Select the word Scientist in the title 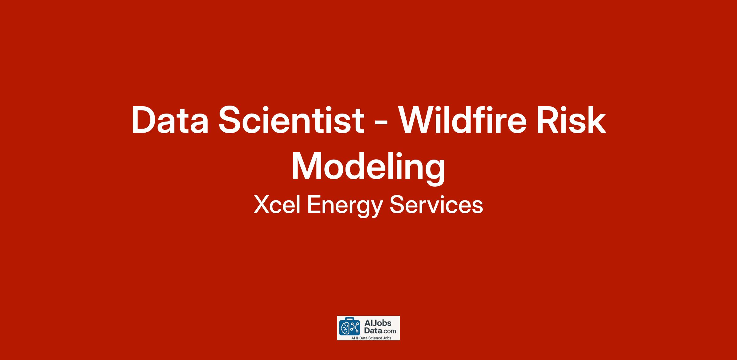291,120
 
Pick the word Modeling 368,168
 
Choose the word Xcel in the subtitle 277,205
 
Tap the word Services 436,205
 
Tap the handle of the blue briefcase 350,319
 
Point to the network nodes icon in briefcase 355,327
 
